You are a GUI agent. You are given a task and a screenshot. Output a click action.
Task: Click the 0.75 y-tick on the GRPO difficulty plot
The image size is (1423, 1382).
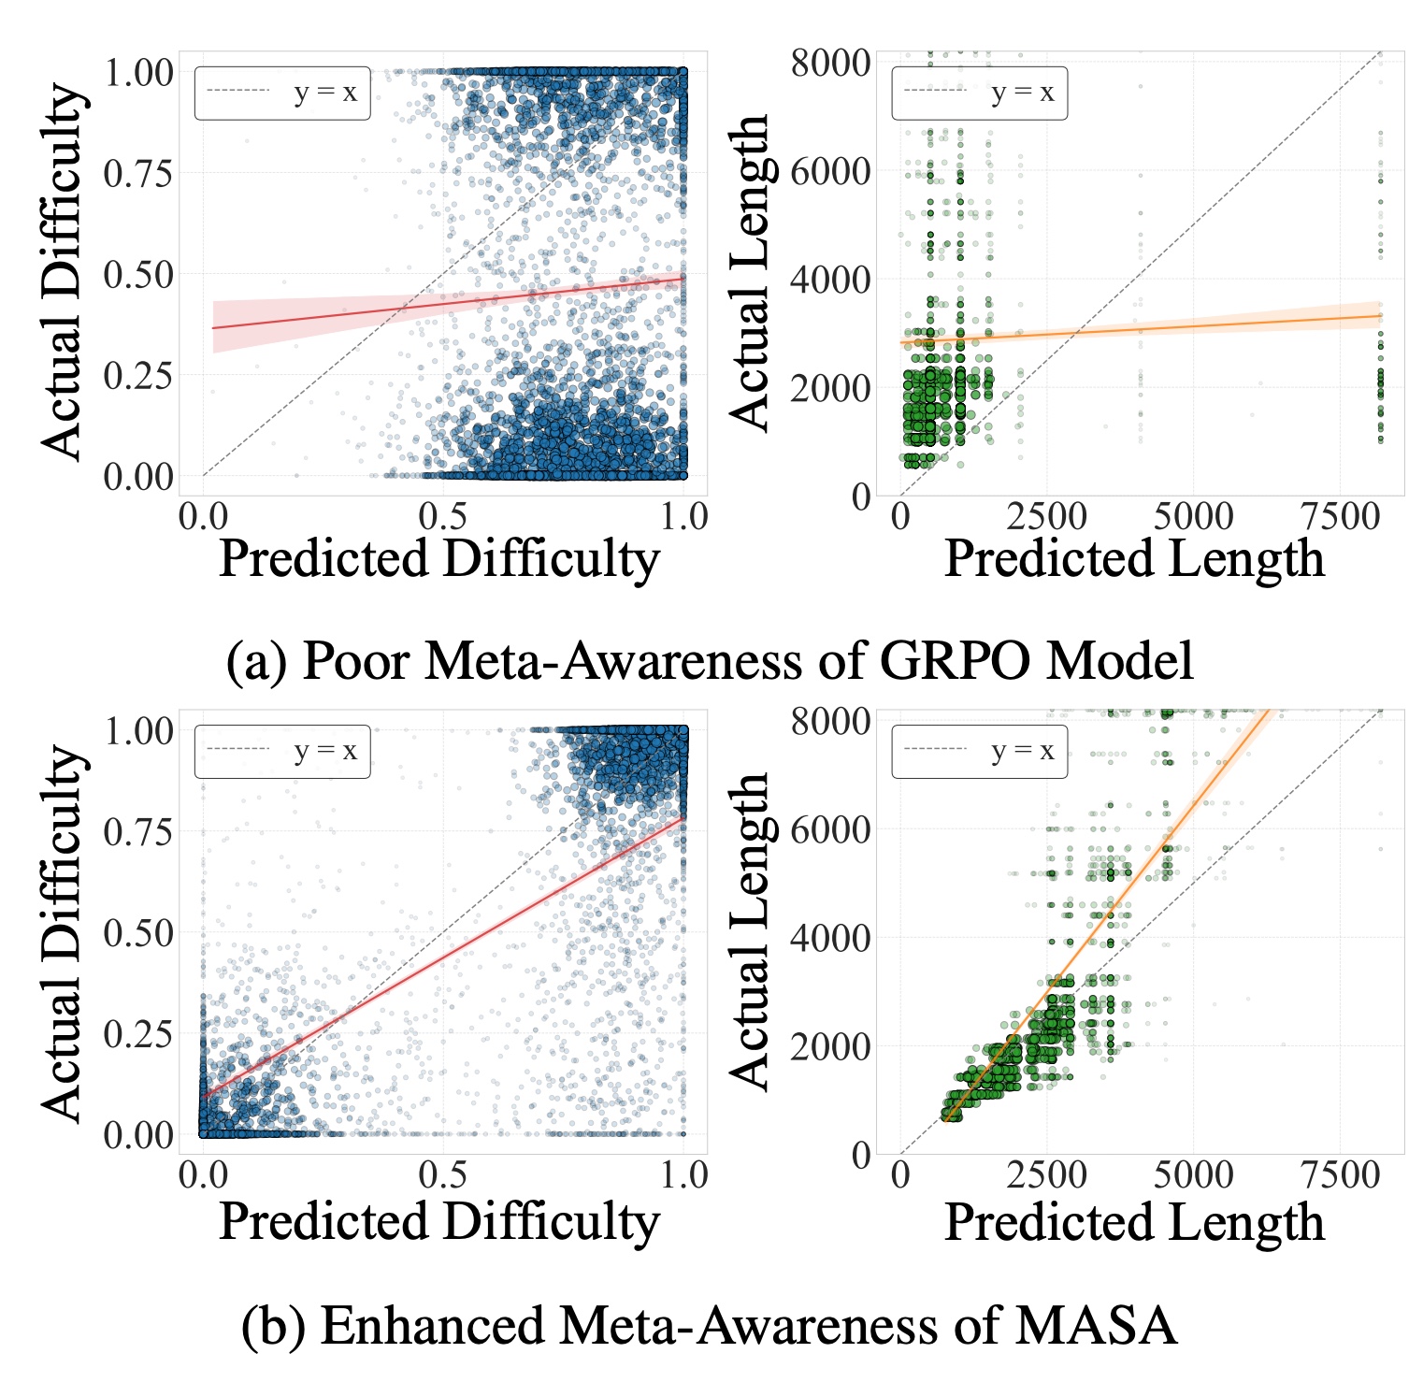[137, 173]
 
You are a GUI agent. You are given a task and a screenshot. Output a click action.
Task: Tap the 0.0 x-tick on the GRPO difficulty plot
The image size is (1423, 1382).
[203, 516]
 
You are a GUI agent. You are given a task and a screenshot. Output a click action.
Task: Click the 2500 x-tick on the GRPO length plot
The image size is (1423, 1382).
[1046, 516]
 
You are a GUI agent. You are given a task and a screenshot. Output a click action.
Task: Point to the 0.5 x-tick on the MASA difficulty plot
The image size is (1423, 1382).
[443, 1175]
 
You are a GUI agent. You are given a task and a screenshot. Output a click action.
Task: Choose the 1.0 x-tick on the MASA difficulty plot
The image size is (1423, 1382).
[684, 1175]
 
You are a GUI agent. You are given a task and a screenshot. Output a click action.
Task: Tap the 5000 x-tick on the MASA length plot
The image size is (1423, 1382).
[1193, 1175]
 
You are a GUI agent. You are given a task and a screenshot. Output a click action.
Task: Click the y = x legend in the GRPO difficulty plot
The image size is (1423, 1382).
[282, 93]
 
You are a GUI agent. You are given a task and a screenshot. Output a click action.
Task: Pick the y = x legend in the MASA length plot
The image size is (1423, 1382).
[980, 751]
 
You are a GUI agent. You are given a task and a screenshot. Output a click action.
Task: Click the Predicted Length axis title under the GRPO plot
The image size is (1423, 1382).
[1134, 559]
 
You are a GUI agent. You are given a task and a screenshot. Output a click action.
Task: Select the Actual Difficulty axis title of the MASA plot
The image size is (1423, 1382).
[64, 932]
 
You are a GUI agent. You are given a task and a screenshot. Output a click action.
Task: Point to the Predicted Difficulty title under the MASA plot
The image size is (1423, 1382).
[439, 1221]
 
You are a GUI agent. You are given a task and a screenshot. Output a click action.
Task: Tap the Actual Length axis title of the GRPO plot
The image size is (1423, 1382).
[749, 273]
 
